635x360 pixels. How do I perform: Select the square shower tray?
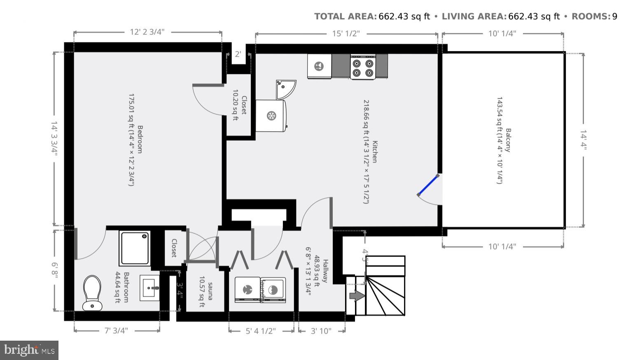click(x=135, y=248)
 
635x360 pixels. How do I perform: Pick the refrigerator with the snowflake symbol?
click(x=271, y=116)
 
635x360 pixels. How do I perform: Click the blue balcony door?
click(x=427, y=185)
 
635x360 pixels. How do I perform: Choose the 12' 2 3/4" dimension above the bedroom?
click(x=147, y=33)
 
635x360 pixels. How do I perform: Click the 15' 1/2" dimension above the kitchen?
click(x=346, y=33)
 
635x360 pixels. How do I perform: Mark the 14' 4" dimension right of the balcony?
click(x=583, y=140)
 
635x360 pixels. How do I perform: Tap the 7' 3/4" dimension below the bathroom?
click(x=116, y=330)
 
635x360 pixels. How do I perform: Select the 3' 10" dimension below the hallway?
click(x=321, y=331)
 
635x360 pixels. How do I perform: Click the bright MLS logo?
click(x=29, y=350)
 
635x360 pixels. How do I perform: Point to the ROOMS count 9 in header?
click(x=614, y=16)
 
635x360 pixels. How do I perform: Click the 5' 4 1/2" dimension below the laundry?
click(x=261, y=331)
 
